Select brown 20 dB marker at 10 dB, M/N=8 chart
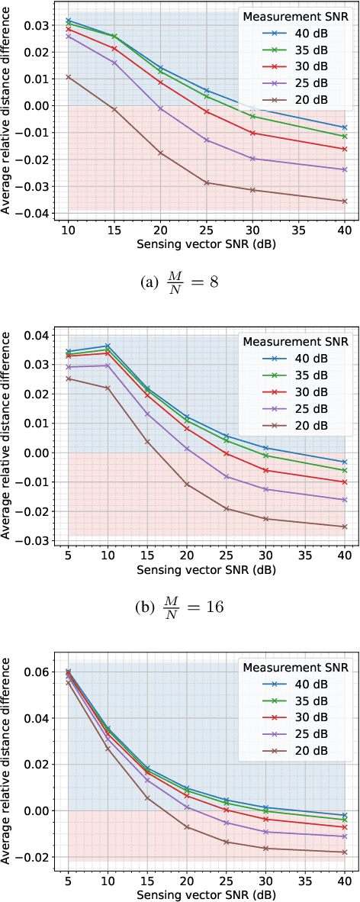pyautogui.click(x=69, y=76)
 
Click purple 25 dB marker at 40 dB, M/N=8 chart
pyautogui.click(x=345, y=169)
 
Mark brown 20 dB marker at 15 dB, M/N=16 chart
pyautogui.click(x=148, y=442)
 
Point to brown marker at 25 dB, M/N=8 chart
pyautogui.click(x=207, y=182)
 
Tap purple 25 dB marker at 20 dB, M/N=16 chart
pyautogui.click(x=187, y=449)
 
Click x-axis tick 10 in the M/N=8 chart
pyautogui.click(x=69, y=230)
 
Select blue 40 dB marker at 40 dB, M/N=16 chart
pyautogui.click(x=345, y=462)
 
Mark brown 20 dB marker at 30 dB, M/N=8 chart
pyautogui.click(x=252, y=190)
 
